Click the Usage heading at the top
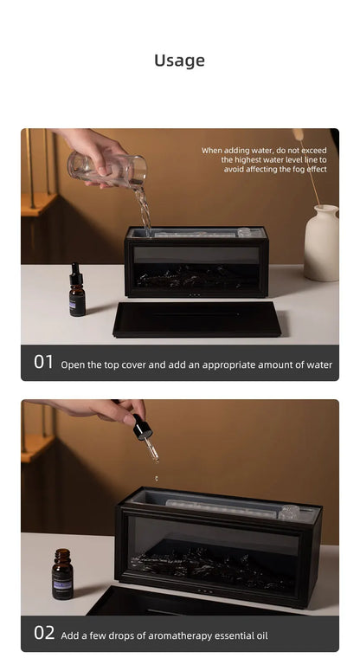click(179, 61)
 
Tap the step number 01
click(44, 363)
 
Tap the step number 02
click(44, 633)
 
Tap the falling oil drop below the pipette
click(157, 478)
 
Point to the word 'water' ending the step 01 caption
click(316, 365)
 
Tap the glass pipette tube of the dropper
click(151, 449)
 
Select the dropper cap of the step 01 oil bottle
click(76, 273)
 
